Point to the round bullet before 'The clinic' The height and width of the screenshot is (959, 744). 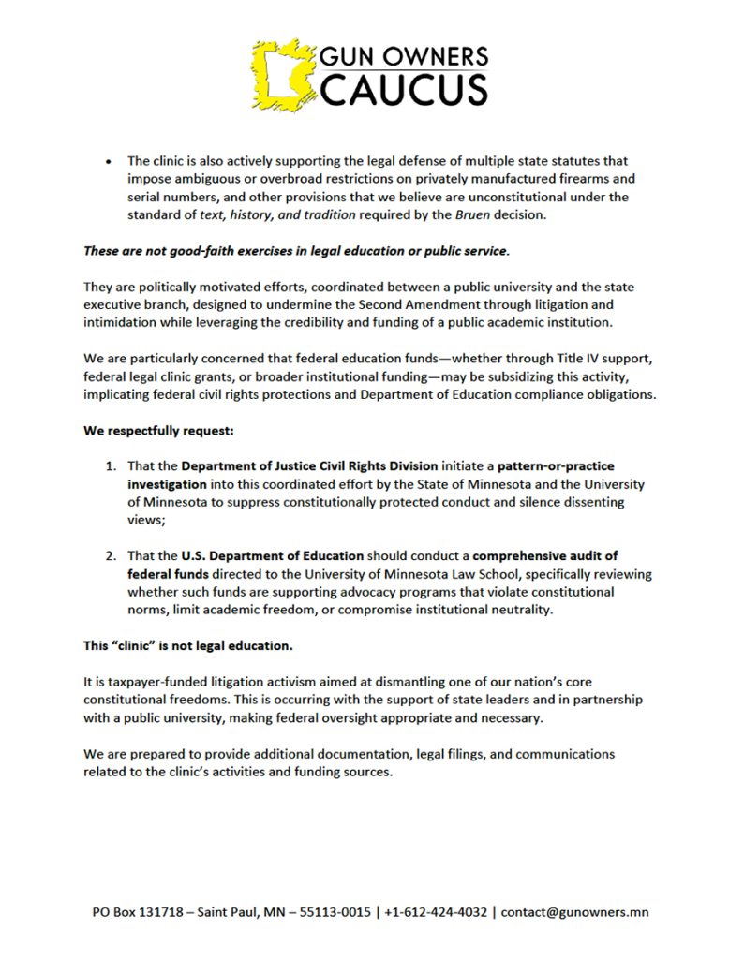click(x=110, y=161)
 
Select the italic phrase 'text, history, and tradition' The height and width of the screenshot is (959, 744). click(x=279, y=214)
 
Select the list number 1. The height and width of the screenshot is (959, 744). click(x=110, y=465)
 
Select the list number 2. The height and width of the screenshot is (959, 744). click(x=110, y=555)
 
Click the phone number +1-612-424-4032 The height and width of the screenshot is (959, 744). click(x=432, y=912)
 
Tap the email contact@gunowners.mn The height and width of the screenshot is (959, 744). click(x=575, y=912)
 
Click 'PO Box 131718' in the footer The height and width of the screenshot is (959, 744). click(x=140, y=912)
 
